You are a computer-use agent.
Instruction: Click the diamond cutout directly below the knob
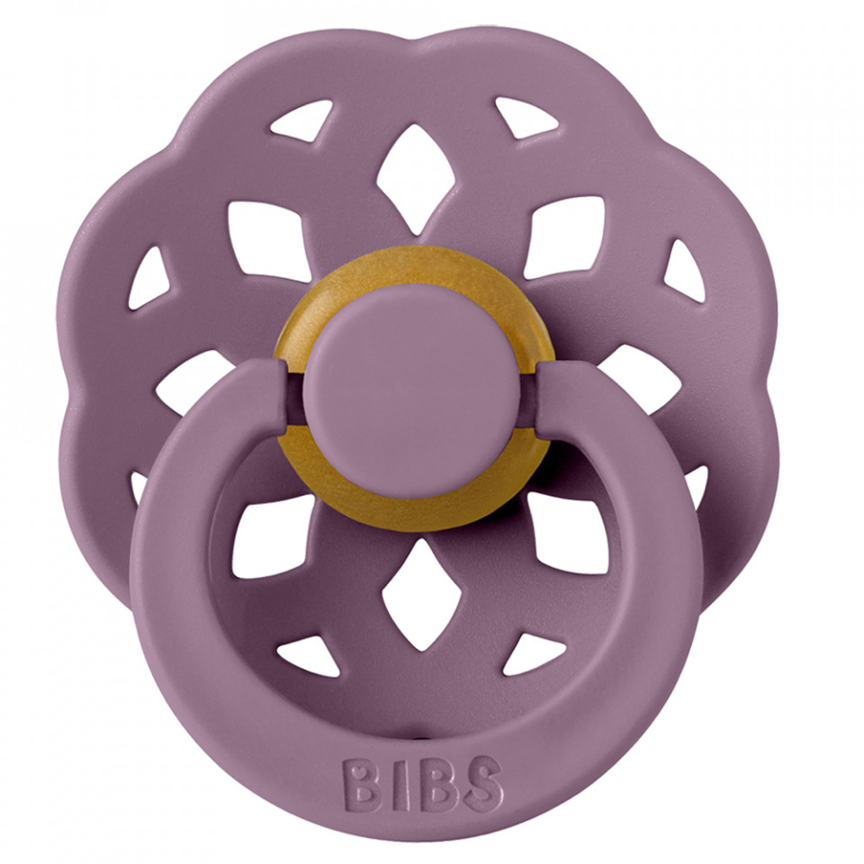(x=409, y=593)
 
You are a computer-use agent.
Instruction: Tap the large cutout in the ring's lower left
(x=271, y=535)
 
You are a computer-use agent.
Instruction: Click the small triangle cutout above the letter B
(x=307, y=656)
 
